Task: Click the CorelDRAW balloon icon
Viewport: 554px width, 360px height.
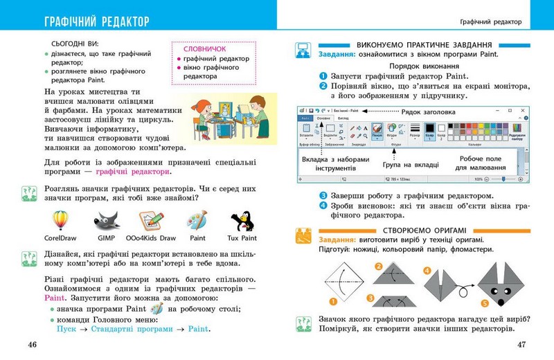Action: [x=61, y=221]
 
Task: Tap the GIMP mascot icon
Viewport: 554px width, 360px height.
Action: [x=107, y=221]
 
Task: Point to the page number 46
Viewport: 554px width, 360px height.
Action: [x=31, y=344]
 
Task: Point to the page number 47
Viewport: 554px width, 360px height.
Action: [x=522, y=344]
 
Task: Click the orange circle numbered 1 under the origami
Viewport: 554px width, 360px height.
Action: [x=332, y=301]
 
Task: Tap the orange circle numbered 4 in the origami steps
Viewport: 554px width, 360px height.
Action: [x=427, y=270]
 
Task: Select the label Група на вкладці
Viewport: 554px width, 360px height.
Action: [x=411, y=164]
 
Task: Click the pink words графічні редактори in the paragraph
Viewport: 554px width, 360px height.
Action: [x=133, y=172]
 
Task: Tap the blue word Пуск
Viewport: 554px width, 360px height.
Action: [x=66, y=330]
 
